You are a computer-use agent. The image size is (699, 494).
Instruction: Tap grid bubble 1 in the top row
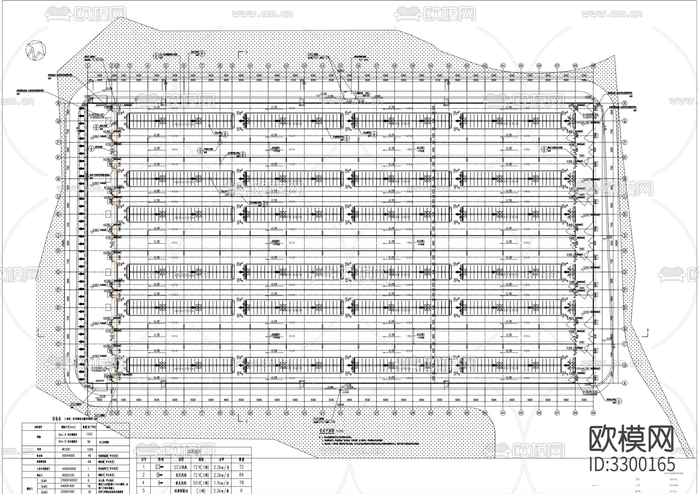click(88, 66)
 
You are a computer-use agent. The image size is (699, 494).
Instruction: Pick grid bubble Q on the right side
click(625, 121)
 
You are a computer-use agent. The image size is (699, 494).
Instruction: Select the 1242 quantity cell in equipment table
click(89, 435)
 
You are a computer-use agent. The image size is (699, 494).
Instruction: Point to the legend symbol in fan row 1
click(160, 467)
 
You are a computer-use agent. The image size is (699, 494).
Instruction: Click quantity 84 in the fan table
click(241, 475)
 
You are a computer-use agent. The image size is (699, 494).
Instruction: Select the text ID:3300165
click(632, 464)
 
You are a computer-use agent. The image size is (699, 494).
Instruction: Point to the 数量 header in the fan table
click(241, 459)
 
